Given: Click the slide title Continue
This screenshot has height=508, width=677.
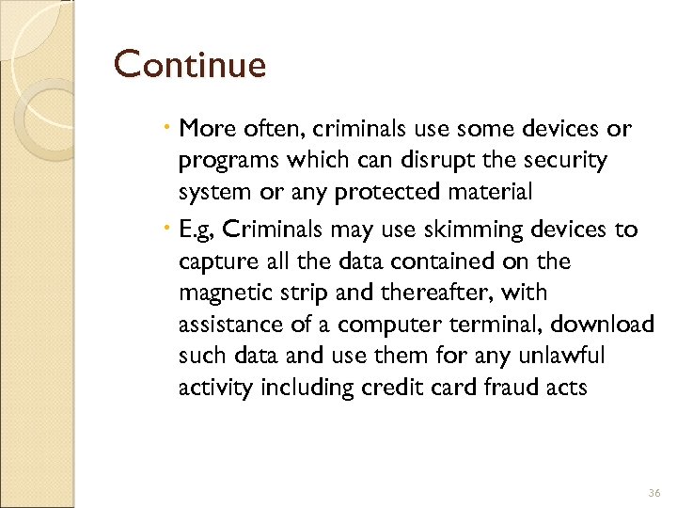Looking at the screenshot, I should pyautogui.click(x=190, y=66).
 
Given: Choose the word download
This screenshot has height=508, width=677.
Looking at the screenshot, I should pyautogui.click(x=603, y=325).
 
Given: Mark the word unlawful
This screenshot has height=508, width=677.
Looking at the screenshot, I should pyautogui.click(x=557, y=357).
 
